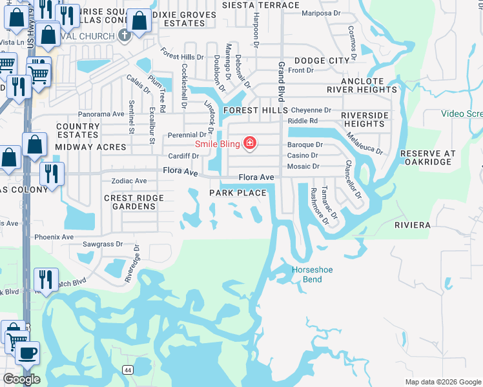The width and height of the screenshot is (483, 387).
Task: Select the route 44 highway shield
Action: click(x=128, y=370)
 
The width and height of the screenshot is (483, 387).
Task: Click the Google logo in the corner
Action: click(x=21, y=379)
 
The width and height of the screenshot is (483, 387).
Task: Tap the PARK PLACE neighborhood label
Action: click(x=238, y=193)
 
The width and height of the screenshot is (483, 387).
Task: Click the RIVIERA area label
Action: click(x=412, y=225)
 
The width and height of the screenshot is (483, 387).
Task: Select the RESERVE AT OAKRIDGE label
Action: click(x=427, y=158)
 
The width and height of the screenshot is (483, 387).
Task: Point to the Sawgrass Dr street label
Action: click(x=103, y=244)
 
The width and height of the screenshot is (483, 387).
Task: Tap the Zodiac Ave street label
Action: click(x=129, y=181)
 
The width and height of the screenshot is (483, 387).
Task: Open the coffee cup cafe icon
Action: click(x=26, y=353)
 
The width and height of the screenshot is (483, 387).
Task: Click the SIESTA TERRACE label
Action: click(x=261, y=5)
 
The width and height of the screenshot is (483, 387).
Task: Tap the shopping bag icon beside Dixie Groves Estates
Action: click(x=140, y=22)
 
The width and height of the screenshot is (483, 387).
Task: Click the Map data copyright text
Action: click(x=442, y=382)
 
